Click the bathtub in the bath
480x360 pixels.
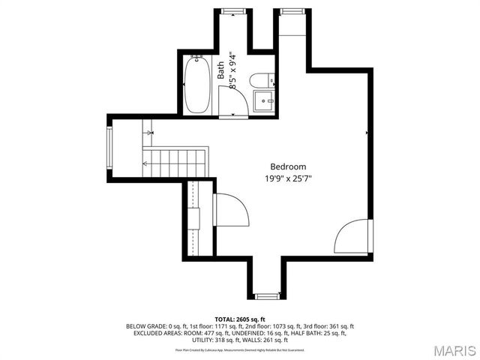(x=199, y=85)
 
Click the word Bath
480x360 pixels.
(x=220, y=70)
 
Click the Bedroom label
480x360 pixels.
(x=288, y=166)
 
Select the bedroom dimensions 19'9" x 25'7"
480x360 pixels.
(x=288, y=178)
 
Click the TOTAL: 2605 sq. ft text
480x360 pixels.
(x=239, y=319)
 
